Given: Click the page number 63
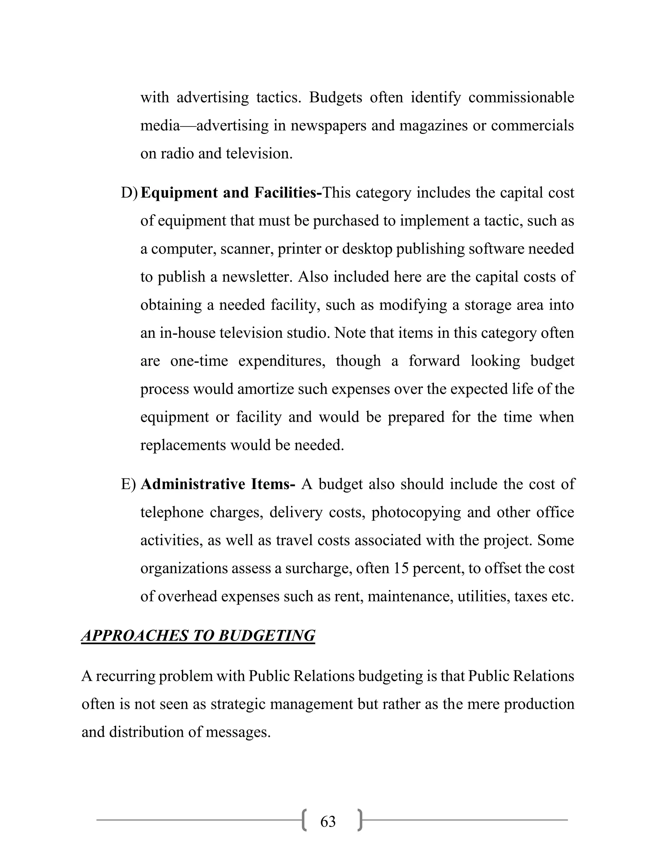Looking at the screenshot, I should (328, 822).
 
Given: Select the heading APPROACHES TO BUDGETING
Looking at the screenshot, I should (198, 636).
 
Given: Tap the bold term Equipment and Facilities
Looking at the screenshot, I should (231, 193).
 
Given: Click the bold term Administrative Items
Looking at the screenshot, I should (218, 484).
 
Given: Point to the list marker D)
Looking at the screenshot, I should (129, 193).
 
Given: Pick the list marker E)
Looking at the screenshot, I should (128, 484).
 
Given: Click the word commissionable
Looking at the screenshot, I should (521, 97).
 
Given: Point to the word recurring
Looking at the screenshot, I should (125, 676).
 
